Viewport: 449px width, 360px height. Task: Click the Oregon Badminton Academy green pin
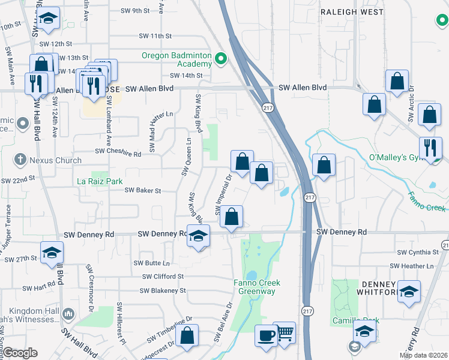[x=221, y=59]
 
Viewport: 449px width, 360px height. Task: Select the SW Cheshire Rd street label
[x=118, y=154]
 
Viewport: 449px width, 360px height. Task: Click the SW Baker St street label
[x=143, y=191]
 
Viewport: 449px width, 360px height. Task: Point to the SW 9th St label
[x=134, y=11]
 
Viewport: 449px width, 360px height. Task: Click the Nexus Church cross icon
[x=20, y=160]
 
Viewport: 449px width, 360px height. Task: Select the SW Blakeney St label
[x=163, y=291]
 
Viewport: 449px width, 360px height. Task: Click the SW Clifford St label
[x=163, y=277]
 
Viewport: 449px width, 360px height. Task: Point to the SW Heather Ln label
[x=411, y=266]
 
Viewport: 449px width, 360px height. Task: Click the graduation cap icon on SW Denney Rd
[x=197, y=235]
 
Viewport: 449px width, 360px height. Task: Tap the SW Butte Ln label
[x=152, y=263]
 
